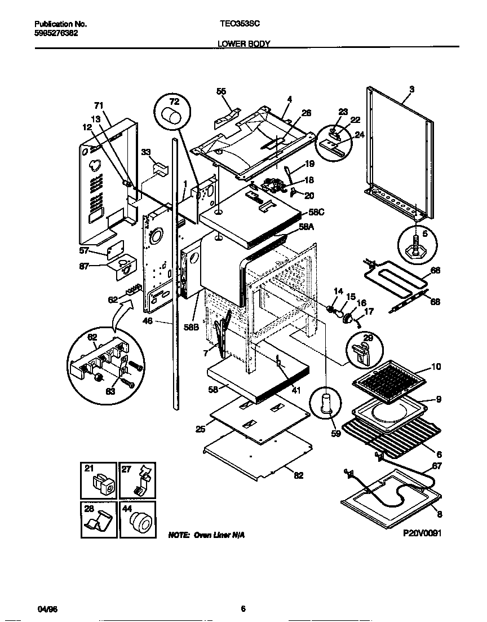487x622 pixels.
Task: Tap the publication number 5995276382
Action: (x=56, y=33)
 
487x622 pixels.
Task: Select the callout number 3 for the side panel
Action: (x=411, y=89)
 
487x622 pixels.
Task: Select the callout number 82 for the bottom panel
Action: (x=298, y=475)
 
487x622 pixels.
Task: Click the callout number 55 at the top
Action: (x=221, y=91)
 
